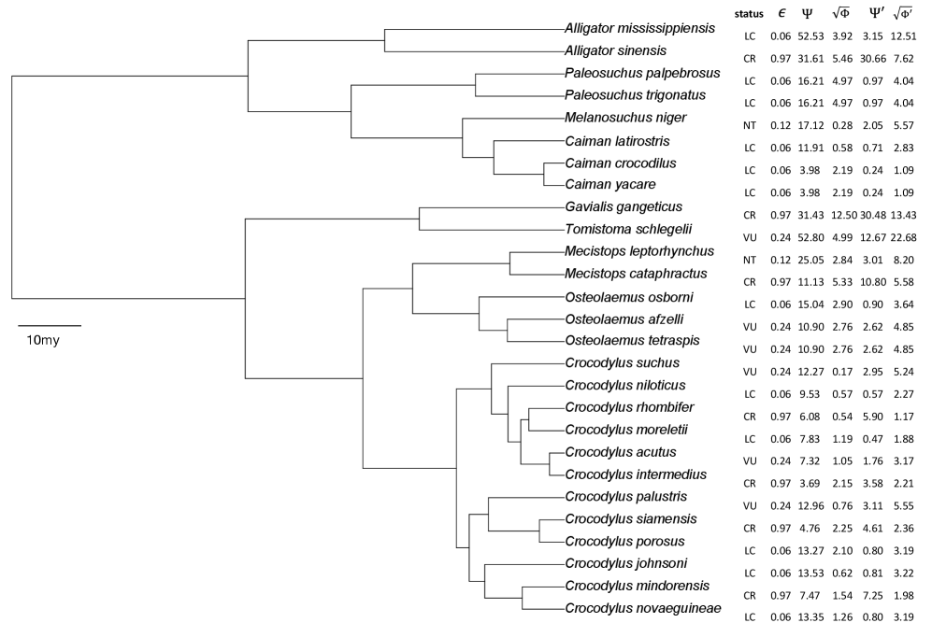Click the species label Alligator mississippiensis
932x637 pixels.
click(644, 29)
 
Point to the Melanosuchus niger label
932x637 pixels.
click(625, 118)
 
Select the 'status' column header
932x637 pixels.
click(749, 13)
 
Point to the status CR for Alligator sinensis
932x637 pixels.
click(749, 59)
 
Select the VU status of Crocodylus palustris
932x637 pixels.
click(749, 505)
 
